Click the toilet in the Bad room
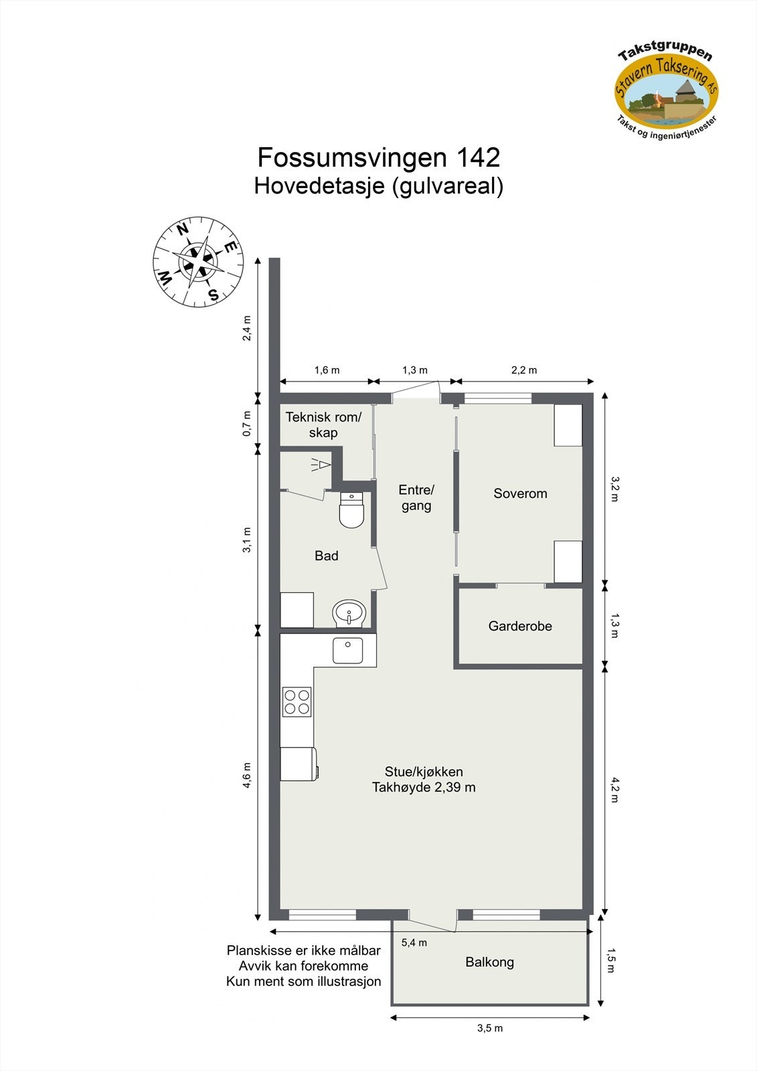[x=351, y=510]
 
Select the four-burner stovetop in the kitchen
[x=297, y=702]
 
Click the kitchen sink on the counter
[x=347, y=651]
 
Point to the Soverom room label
[x=520, y=493]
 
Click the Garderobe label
[x=520, y=626]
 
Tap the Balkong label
[x=489, y=962]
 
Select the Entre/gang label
[x=416, y=497]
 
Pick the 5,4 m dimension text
[x=414, y=942]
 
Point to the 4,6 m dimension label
[x=247, y=776]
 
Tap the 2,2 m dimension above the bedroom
[x=524, y=370]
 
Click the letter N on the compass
[x=182, y=230]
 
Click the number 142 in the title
[x=477, y=157]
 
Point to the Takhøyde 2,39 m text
[x=424, y=787]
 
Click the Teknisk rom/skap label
[x=323, y=424]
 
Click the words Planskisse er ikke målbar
[x=303, y=951]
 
